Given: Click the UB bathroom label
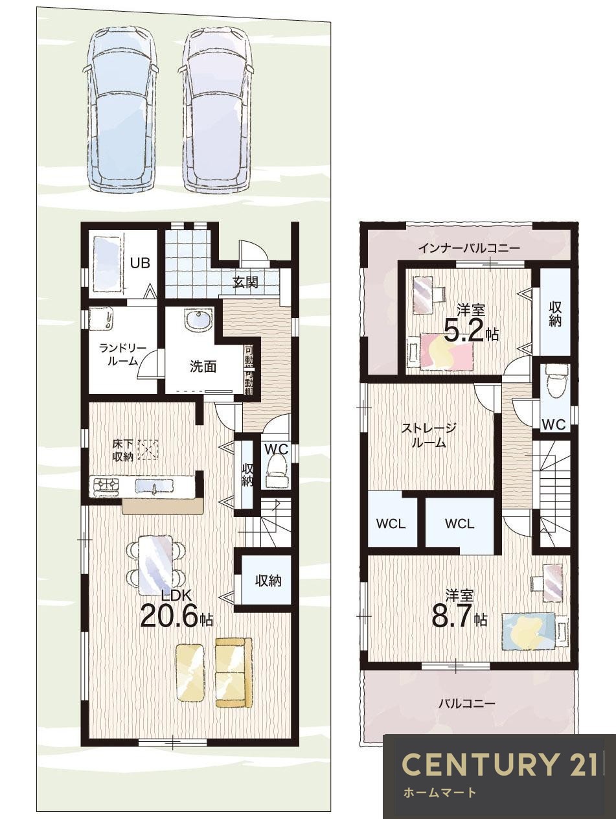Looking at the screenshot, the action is click(x=140, y=263).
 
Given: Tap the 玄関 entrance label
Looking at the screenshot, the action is click(x=245, y=282).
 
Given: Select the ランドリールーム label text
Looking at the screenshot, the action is click(x=122, y=355).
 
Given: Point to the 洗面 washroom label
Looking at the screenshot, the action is click(x=203, y=367).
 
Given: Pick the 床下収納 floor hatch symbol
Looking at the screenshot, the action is click(x=148, y=450).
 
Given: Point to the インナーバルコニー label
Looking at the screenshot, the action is click(x=469, y=248).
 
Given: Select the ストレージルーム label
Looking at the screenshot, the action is click(x=428, y=435).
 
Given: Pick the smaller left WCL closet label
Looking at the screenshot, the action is click(x=391, y=524).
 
